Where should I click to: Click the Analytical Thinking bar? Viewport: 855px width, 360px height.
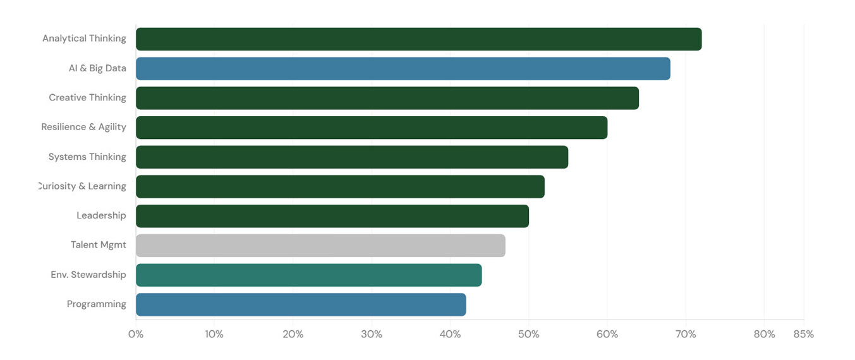[418, 39]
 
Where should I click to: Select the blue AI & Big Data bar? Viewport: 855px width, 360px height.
[403, 69]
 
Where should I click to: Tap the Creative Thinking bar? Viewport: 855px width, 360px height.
[387, 98]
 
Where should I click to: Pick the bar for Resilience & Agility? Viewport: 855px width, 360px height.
[372, 128]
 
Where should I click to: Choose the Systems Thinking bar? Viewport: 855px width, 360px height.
[352, 157]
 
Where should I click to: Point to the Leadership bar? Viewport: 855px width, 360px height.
[332, 216]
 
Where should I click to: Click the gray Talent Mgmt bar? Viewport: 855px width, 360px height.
[320, 246]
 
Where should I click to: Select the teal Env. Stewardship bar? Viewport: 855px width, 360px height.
[308, 275]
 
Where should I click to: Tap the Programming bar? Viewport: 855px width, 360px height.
[301, 304]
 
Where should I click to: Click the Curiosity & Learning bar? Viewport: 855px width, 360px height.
[340, 187]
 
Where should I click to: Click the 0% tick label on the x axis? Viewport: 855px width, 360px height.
[136, 334]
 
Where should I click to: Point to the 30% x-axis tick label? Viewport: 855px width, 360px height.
[372, 334]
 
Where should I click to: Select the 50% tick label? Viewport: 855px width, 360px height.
[528, 334]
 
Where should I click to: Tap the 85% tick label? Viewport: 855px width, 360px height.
[803, 334]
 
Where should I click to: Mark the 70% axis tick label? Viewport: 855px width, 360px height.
[686, 334]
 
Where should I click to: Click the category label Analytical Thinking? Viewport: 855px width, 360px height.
[84, 39]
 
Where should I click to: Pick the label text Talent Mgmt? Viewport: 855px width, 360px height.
[99, 245]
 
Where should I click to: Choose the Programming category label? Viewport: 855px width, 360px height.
[97, 304]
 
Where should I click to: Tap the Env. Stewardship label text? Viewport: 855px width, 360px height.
[88, 275]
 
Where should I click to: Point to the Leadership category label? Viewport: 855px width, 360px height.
[101, 215]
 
